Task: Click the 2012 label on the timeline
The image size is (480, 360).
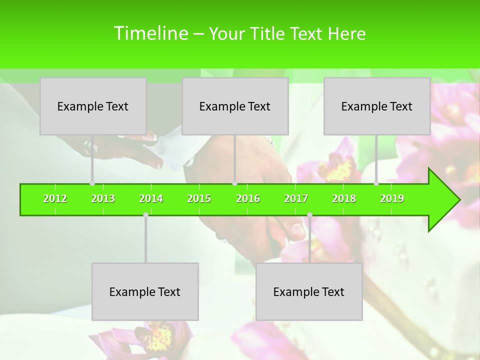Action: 55,198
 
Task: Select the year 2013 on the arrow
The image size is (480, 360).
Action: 103,198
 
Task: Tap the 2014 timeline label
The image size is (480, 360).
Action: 151,198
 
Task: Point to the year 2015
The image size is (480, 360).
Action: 199,198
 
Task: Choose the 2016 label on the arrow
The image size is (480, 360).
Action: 248,198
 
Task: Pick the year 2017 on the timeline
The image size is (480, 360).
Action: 296,198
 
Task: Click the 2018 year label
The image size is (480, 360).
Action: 344,198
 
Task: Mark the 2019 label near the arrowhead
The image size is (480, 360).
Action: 392,198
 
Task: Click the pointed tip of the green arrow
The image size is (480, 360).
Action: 458,200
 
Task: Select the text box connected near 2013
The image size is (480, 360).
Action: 93,106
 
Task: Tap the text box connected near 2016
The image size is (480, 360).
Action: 235,106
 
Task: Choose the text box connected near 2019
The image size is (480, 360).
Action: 377,106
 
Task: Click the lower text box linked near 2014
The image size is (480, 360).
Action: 145,291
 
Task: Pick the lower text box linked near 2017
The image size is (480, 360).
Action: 309,291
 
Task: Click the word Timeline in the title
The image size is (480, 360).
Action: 150,33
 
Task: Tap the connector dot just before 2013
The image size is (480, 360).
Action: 92,183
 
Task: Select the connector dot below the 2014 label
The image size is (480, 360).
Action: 145,214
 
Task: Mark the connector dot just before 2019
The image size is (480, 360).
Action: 376,183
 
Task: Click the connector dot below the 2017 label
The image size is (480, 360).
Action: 309,214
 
